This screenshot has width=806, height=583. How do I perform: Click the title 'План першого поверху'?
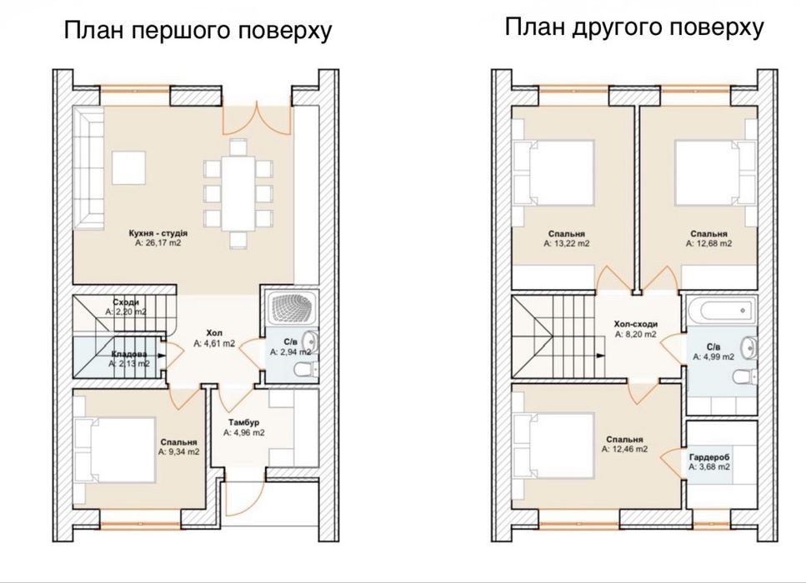(x=198, y=31)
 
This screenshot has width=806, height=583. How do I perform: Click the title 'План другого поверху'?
(x=633, y=27)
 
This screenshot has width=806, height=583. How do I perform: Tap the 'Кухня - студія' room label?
(x=158, y=233)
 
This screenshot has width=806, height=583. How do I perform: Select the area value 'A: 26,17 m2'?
(x=158, y=243)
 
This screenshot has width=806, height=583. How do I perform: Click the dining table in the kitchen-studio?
(x=238, y=193)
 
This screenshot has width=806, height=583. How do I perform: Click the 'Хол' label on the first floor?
(x=214, y=333)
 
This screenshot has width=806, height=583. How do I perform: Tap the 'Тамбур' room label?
(x=243, y=423)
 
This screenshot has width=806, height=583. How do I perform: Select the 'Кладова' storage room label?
(x=129, y=354)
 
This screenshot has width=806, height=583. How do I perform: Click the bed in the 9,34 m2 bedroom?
(x=115, y=450)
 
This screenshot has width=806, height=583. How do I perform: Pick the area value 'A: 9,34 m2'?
(x=178, y=452)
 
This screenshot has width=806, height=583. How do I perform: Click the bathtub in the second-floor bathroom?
(x=722, y=310)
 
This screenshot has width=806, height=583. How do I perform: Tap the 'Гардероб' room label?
(x=709, y=457)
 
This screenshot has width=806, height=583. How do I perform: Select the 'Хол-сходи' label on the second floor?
(x=636, y=324)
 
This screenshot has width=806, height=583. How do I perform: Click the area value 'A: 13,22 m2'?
(x=567, y=243)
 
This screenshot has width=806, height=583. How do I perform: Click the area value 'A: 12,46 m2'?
(x=624, y=449)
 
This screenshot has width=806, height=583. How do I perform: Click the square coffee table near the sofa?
(x=129, y=167)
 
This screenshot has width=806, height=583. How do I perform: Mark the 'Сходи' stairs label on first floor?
(x=125, y=302)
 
